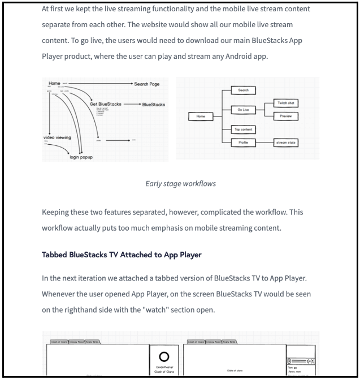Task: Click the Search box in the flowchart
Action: (244, 90)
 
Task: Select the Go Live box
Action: (244, 110)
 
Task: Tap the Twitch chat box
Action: (285, 103)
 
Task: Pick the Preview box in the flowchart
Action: (285, 116)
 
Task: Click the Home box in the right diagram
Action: (201, 116)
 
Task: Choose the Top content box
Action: (244, 129)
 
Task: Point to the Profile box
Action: (244, 142)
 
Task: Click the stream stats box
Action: (285, 142)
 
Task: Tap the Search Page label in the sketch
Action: (147, 84)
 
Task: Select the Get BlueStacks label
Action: (105, 104)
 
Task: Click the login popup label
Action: (81, 157)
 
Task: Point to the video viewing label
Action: (57, 137)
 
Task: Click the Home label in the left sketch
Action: (54, 84)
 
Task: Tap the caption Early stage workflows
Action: (180, 183)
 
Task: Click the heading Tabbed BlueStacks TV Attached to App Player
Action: (122, 255)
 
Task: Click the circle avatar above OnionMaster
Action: (164, 357)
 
